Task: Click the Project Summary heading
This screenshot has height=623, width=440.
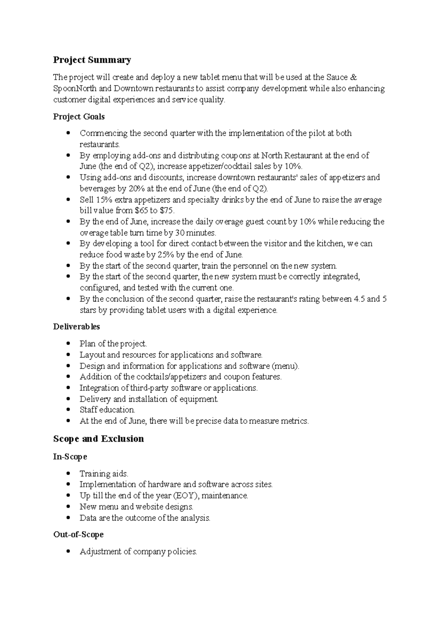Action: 92,60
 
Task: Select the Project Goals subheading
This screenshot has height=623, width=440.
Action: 79,117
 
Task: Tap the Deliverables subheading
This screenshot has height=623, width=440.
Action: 76,327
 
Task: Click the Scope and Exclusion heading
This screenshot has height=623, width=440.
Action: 98,439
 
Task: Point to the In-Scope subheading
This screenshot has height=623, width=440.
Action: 70,457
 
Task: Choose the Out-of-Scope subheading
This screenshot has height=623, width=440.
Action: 78,535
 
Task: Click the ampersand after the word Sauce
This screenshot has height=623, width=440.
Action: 353,77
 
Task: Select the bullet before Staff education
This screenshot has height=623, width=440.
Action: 68,410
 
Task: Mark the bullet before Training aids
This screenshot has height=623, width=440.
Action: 68,474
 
